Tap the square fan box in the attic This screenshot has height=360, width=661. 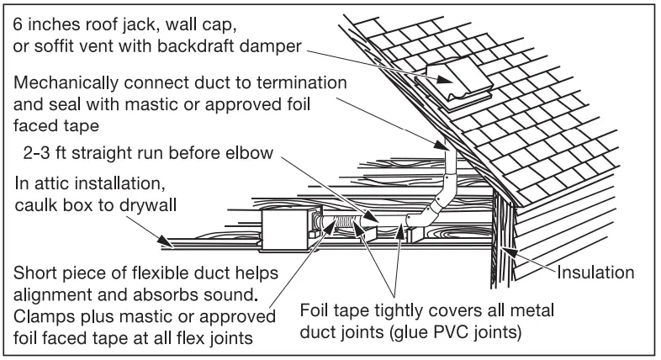[285, 230]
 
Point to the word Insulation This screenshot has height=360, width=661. [600, 272]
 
